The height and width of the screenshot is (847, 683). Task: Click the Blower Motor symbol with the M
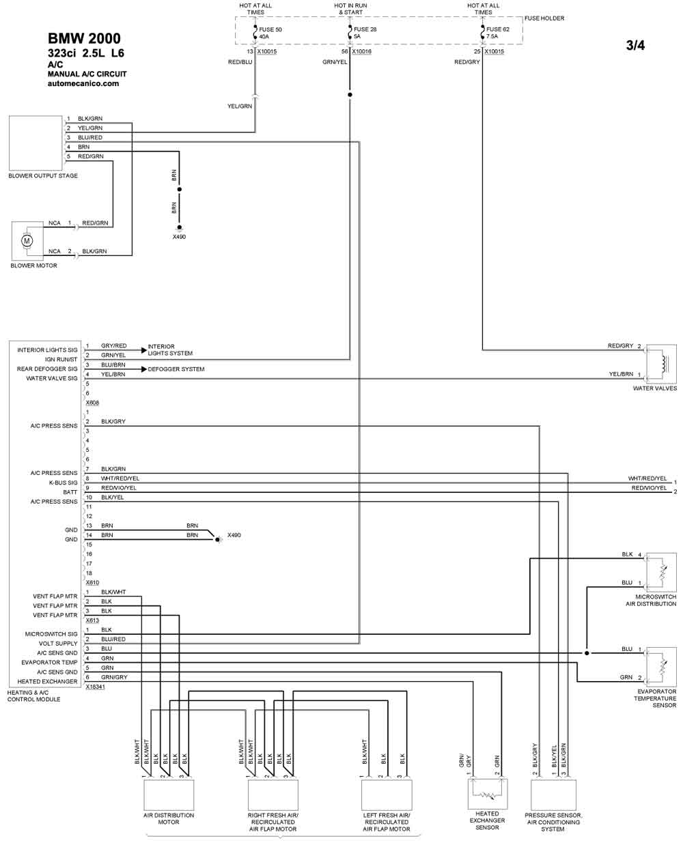(27, 240)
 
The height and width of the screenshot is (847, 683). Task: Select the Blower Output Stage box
(36, 143)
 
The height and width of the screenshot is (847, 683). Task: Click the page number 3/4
(635, 46)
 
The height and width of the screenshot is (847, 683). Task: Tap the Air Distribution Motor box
(169, 794)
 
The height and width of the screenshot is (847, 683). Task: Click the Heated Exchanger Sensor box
(488, 794)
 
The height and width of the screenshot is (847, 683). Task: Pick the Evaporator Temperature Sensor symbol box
(660, 667)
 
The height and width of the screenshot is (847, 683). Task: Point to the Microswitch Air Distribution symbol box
(660, 572)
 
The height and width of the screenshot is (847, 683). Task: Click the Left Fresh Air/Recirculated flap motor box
(387, 794)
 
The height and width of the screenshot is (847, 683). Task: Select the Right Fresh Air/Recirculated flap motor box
(273, 794)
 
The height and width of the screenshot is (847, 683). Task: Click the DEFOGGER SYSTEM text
(176, 369)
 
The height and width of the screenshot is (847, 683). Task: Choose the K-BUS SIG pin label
(63, 483)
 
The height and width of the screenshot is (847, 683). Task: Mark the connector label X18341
(96, 687)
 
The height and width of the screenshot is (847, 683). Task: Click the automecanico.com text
(83, 84)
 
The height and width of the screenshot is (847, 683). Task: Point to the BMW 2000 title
(84, 39)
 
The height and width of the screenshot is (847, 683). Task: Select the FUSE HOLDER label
(544, 18)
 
